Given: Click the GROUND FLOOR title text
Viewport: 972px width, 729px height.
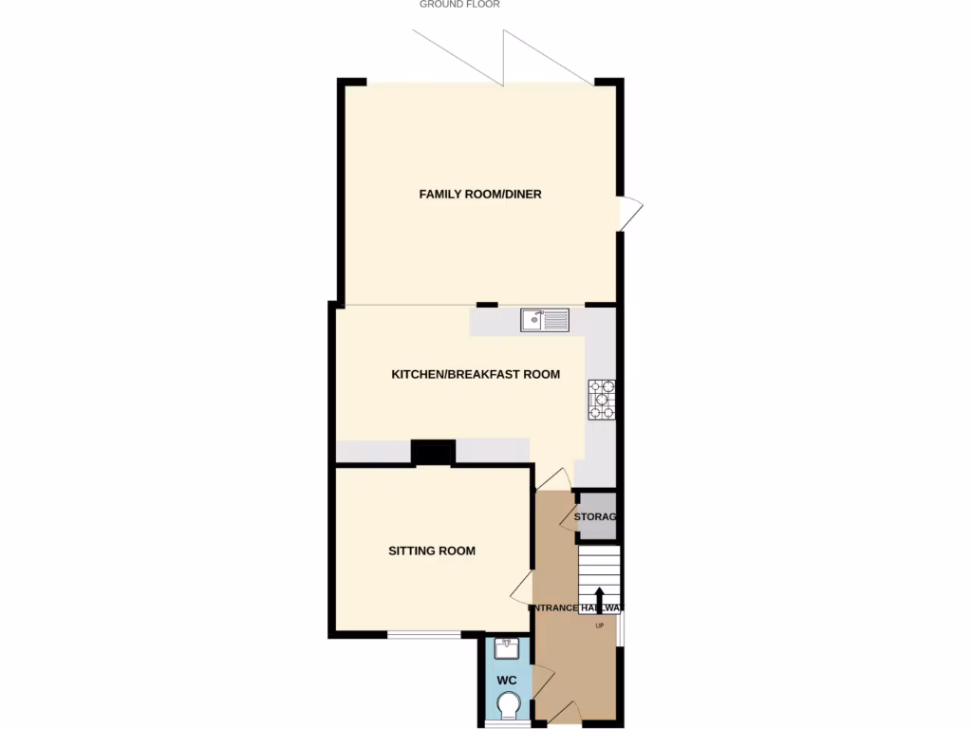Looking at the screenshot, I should pyautogui.click(x=459, y=5).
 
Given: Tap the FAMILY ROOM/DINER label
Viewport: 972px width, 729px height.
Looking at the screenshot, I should pyautogui.click(x=480, y=195).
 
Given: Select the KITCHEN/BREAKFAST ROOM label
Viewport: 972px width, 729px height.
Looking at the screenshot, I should pyautogui.click(x=476, y=374).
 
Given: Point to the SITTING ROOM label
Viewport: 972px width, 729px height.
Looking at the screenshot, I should pyautogui.click(x=432, y=551).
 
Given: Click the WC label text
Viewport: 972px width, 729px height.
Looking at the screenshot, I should pyautogui.click(x=507, y=681).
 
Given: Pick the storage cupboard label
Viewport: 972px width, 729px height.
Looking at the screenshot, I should pyautogui.click(x=596, y=517).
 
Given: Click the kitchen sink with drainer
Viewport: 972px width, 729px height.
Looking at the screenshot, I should pyautogui.click(x=545, y=321).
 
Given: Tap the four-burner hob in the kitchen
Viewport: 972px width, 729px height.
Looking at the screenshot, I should pyautogui.click(x=602, y=400).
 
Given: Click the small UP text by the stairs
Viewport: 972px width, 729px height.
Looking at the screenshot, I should pyautogui.click(x=599, y=626).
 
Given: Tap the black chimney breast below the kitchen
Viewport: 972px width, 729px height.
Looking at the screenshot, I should pyautogui.click(x=432, y=453).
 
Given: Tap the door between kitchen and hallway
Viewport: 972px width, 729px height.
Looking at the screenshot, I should pyautogui.click(x=552, y=479).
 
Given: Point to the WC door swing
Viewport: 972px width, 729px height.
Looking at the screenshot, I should pyautogui.click(x=542, y=682).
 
